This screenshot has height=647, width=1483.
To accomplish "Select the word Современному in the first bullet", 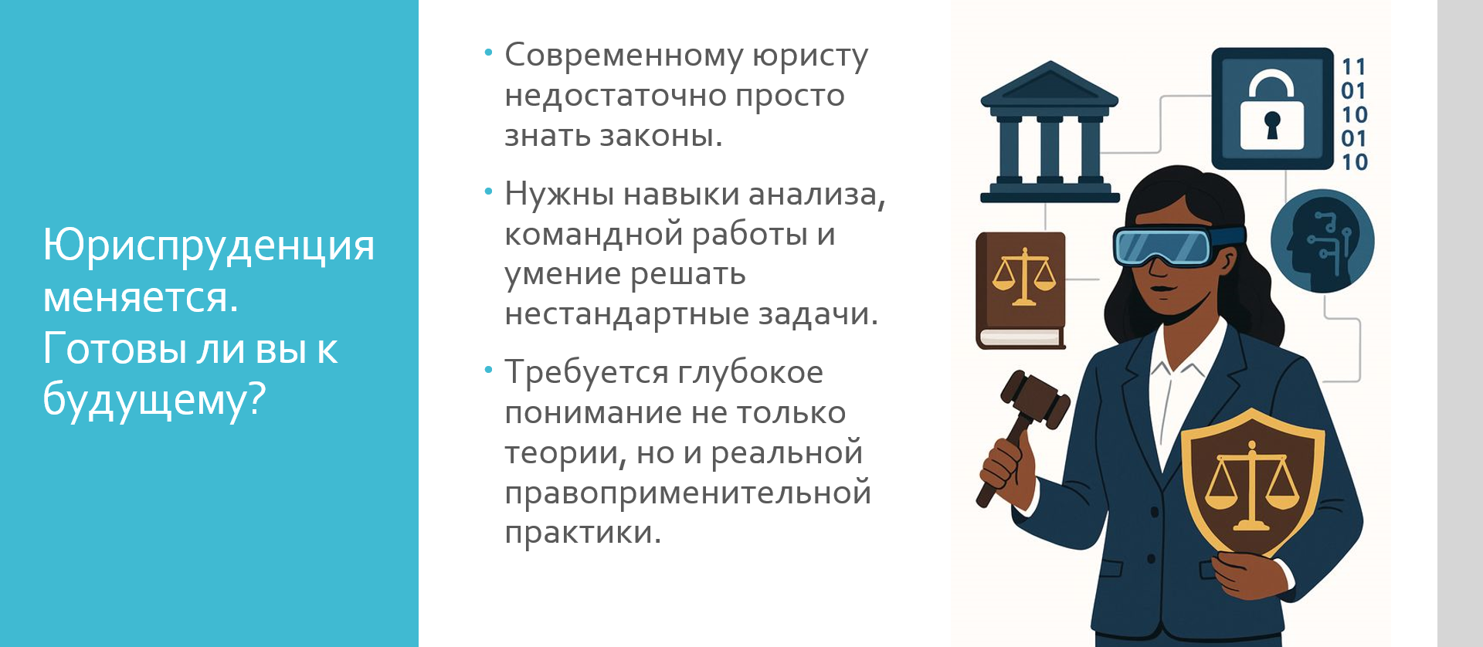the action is (624, 56).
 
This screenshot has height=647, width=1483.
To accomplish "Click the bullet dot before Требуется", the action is (488, 371).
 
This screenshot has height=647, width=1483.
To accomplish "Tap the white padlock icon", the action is (1271, 112).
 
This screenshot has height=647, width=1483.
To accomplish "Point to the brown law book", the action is (1021, 290).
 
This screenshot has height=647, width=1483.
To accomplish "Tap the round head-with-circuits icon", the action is (1322, 241).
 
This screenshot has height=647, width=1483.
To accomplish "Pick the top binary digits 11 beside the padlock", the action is (1354, 67).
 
